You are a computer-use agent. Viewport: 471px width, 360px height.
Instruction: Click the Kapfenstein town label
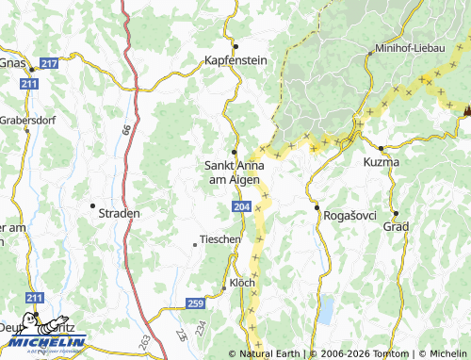click(x=236, y=59)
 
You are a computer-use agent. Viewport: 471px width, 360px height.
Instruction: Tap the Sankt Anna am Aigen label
click(x=235, y=172)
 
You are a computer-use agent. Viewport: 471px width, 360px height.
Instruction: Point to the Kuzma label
click(x=381, y=162)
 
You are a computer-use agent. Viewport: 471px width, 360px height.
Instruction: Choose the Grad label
click(x=395, y=227)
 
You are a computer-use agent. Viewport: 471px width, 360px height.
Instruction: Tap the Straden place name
click(x=119, y=213)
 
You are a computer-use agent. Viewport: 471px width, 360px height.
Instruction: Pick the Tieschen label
click(x=220, y=239)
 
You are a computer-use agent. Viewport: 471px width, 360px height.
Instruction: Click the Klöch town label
click(x=242, y=283)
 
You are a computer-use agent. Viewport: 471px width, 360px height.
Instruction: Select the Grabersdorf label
click(x=25, y=121)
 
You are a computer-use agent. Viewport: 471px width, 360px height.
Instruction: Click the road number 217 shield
click(x=50, y=63)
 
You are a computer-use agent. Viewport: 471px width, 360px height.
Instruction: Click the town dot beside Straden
click(x=92, y=205)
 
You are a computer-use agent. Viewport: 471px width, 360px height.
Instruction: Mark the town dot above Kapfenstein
click(x=236, y=46)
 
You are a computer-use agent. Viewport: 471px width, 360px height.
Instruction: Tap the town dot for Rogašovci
click(x=317, y=207)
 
